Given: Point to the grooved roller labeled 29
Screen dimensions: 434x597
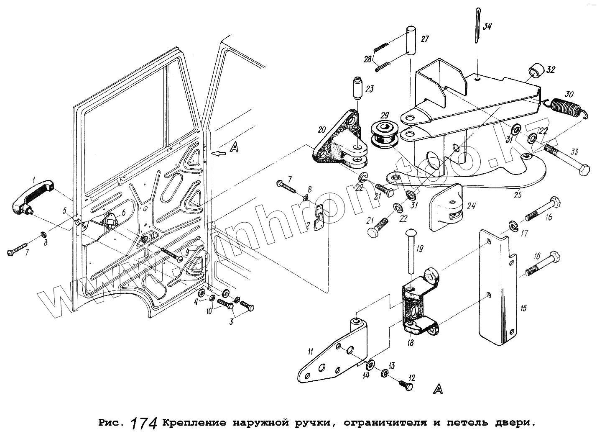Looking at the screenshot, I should click(x=383, y=135).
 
